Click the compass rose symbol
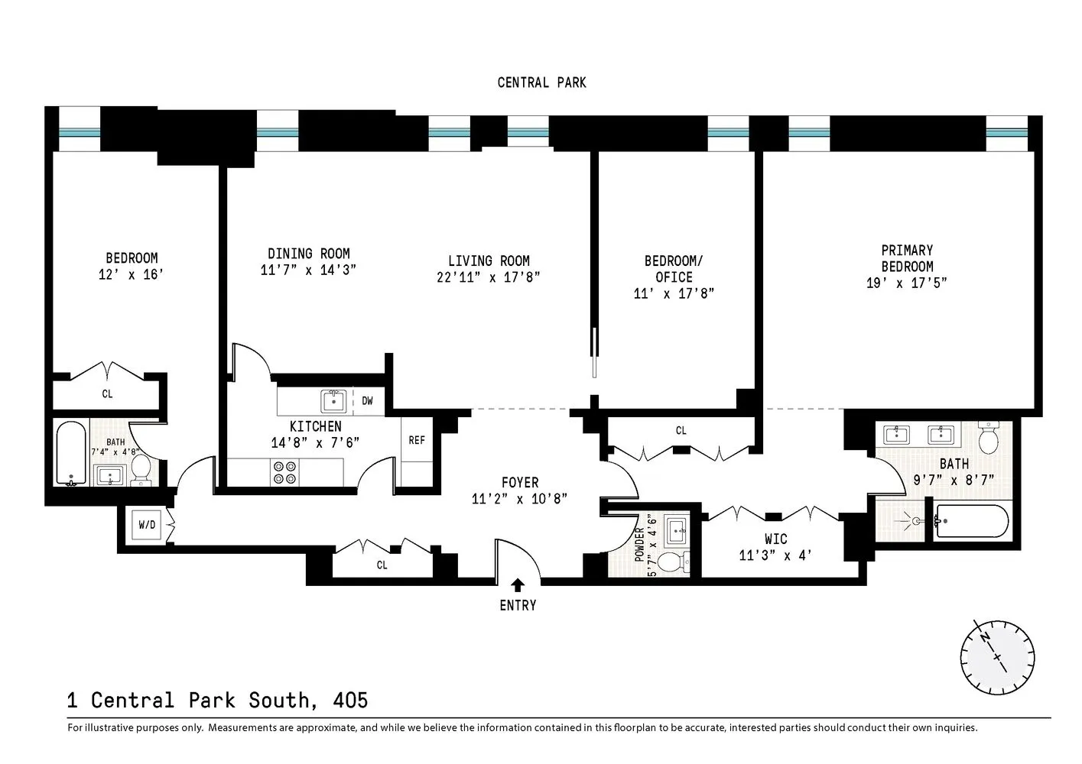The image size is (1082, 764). pyautogui.click(x=997, y=656)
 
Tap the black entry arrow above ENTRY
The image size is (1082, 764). pyautogui.click(x=518, y=585)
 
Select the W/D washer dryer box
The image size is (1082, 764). pyautogui.click(x=147, y=526)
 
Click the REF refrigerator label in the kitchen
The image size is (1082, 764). pyautogui.click(x=417, y=440)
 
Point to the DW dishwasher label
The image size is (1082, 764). pyautogui.click(x=367, y=400)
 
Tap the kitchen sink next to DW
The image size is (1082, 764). pyautogui.click(x=333, y=400)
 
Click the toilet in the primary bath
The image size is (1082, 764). pyautogui.click(x=989, y=438)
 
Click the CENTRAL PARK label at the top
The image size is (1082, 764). pyautogui.click(x=541, y=83)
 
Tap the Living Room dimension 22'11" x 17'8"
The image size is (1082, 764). pyautogui.click(x=489, y=277)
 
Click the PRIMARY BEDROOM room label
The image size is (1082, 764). pyautogui.click(x=907, y=258)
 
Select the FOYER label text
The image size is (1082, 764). pyautogui.click(x=520, y=483)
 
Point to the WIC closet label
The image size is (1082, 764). pyautogui.click(x=775, y=539)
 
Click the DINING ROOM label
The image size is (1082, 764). pyautogui.click(x=309, y=254)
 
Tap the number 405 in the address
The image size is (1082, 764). pyautogui.click(x=350, y=700)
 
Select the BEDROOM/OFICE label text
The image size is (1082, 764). pyautogui.click(x=674, y=269)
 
